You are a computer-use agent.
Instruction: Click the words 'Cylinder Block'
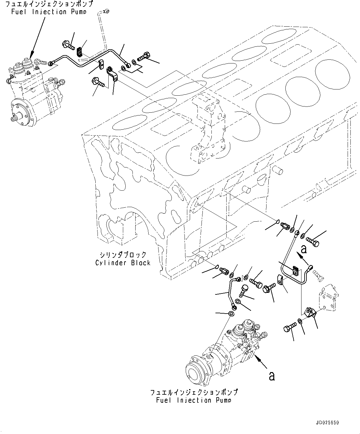click(123, 263)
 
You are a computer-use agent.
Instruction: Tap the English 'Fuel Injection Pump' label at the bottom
click(194, 400)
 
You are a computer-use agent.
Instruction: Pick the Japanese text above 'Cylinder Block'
click(123, 255)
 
